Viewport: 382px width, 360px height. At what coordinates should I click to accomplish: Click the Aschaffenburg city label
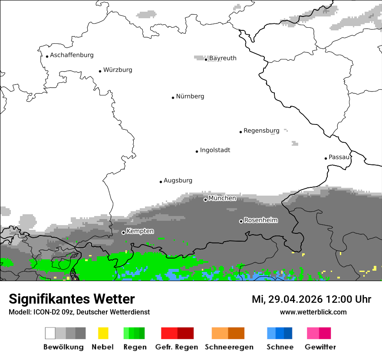(x=72, y=55)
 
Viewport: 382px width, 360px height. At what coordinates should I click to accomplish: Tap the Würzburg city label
(x=118, y=70)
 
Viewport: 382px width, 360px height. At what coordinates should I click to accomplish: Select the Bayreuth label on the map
(x=223, y=58)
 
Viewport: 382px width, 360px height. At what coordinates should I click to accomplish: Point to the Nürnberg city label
(x=190, y=96)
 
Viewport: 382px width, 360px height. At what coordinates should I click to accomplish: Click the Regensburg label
(x=261, y=131)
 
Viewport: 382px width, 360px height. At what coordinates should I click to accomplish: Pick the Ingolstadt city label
(x=215, y=150)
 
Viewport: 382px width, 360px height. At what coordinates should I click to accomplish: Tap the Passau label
(x=339, y=157)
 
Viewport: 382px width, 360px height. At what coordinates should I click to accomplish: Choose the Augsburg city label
(x=178, y=180)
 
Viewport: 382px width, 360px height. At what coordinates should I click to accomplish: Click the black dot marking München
(x=205, y=200)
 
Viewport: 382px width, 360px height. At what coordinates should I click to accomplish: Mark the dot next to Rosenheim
(x=241, y=221)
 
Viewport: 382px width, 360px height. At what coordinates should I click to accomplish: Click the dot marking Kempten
(x=123, y=232)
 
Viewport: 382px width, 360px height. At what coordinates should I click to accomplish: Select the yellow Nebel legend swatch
(x=103, y=333)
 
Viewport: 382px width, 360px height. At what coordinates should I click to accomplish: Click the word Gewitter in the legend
(x=320, y=347)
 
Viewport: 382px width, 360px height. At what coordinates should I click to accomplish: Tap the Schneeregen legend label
(x=229, y=347)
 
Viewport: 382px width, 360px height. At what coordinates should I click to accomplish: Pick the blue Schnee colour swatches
(x=280, y=333)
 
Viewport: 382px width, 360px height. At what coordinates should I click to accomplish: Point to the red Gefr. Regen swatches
(x=177, y=333)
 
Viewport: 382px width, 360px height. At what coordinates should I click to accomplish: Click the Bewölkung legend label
(x=63, y=347)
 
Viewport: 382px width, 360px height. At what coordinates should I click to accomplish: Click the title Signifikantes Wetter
(x=72, y=299)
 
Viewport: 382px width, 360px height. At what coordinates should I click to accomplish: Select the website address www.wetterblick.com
(x=313, y=312)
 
